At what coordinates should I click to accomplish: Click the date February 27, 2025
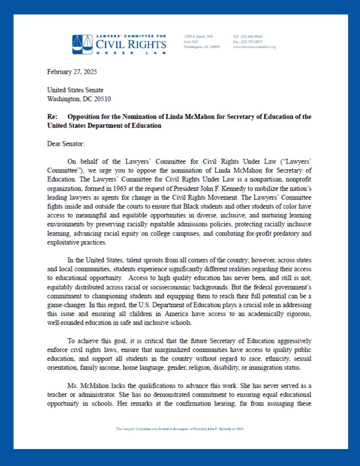(72, 72)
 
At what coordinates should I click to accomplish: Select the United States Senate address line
(75, 90)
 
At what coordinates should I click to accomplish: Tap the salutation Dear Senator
(66, 144)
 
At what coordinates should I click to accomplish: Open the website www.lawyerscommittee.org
(254, 47)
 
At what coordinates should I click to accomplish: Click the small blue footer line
(180, 429)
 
